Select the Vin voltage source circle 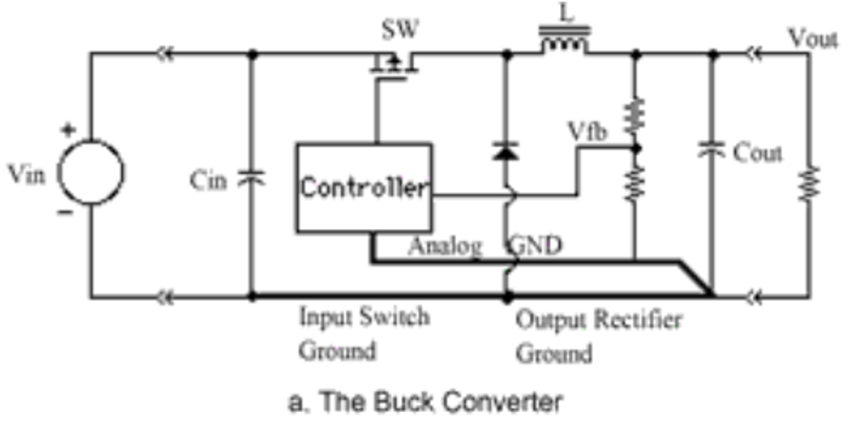(90, 173)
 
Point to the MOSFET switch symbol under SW (392, 65)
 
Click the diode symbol (507, 151)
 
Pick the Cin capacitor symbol (252, 179)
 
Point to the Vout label (811, 37)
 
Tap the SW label (399, 31)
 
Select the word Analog (445, 246)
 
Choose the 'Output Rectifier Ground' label (598, 335)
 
